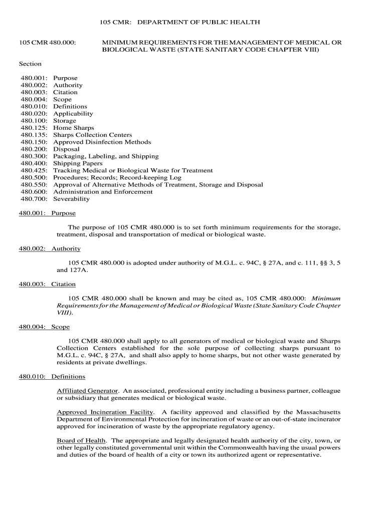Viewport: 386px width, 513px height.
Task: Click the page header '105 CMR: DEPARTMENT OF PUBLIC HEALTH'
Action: tap(179, 23)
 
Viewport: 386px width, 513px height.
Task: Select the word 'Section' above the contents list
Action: tap(30, 64)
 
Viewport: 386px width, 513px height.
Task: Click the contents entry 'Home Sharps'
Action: tap(73, 128)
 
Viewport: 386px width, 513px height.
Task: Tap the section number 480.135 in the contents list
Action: tap(34, 135)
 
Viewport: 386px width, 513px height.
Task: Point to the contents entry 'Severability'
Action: tap(71, 199)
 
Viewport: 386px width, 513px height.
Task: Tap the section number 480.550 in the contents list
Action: tap(34, 184)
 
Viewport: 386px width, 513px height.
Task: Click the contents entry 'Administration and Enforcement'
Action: tap(103, 192)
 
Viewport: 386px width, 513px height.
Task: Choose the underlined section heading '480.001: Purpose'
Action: tap(47, 213)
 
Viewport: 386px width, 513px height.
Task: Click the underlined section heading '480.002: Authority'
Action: tap(50, 248)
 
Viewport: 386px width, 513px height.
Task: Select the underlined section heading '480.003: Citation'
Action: tap(47, 284)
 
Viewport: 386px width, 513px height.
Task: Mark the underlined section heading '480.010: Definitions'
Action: tap(52, 376)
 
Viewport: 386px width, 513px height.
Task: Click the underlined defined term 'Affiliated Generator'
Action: tap(87, 390)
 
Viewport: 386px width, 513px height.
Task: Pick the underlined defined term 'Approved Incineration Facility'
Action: tap(105, 412)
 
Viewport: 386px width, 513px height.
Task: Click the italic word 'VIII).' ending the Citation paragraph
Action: tap(65, 312)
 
